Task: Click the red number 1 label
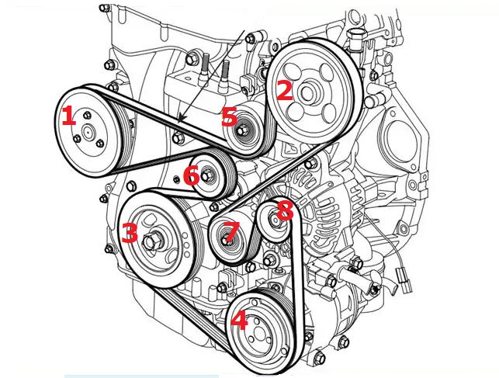click(68, 117)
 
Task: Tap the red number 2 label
click(284, 92)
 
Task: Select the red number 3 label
click(129, 232)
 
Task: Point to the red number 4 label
click(239, 320)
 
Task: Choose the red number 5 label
click(228, 117)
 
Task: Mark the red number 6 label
click(191, 176)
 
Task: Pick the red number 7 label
click(230, 231)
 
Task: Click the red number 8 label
click(284, 210)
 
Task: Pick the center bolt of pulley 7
click(227, 241)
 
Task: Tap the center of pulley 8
click(274, 222)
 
